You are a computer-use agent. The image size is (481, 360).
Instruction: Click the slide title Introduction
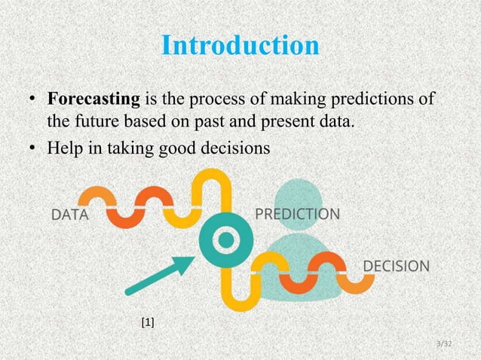[240, 45]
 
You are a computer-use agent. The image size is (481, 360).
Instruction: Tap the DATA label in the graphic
[69, 216]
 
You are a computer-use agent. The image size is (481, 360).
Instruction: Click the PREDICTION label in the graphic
[297, 214]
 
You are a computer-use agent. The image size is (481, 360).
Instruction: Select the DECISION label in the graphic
[397, 266]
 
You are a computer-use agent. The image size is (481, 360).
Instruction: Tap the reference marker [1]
[148, 322]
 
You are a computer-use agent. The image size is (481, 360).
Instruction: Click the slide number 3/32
[443, 343]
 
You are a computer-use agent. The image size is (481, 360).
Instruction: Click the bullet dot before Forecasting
[34, 100]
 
